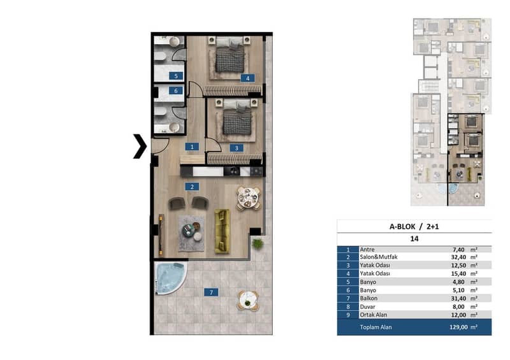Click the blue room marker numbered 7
tap(211, 292)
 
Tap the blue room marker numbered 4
tap(247, 78)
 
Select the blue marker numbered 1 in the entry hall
tap(192, 147)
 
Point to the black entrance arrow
tap(140, 147)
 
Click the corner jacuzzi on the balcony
tap(170, 278)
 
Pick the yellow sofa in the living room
tap(222, 231)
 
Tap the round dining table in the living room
tap(249, 198)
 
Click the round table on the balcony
tap(248, 301)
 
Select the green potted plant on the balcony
tap(258, 243)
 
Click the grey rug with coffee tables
tap(192, 233)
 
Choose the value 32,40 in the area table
tap(458, 257)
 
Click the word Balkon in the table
tap(368, 298)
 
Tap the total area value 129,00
tap(458, 327)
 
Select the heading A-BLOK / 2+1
tap(414, 227)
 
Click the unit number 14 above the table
tap(414, 239)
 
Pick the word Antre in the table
tap(367, 249)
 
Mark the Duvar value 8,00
tap(458, 306)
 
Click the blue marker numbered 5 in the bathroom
tap(176, 76)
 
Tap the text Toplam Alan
tap(375, 327)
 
